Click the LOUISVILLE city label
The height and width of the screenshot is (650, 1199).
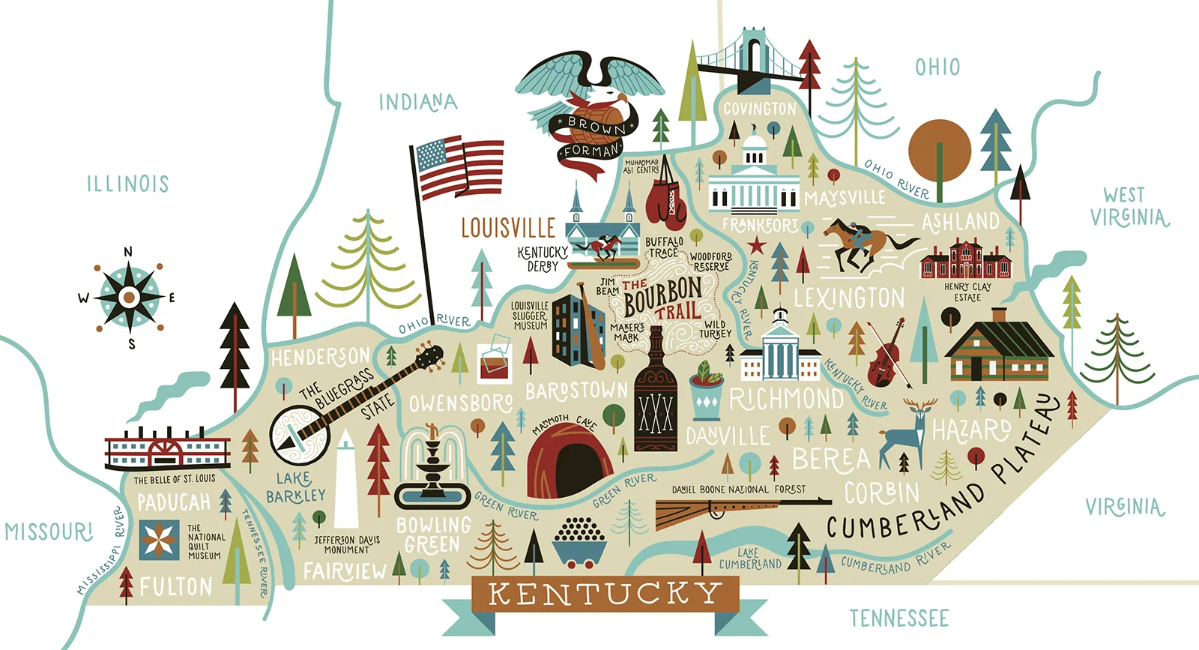[x=507, y=228]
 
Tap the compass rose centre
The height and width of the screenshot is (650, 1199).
[x=129, y=298]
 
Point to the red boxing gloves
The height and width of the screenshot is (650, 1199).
[x=666, y=202]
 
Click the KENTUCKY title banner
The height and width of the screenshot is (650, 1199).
[x=605, y=595]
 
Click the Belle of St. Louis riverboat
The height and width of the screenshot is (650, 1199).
[x=167, y=452]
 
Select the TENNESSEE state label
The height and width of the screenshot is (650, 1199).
[x=899, y=619]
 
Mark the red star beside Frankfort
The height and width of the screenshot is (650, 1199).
[x=757, y=245]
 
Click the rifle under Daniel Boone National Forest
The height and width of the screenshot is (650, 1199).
[x=738, y=510]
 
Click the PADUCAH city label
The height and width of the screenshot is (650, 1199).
[x=173, y=502]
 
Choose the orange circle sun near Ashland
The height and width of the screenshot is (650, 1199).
[x=940, y=150]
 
